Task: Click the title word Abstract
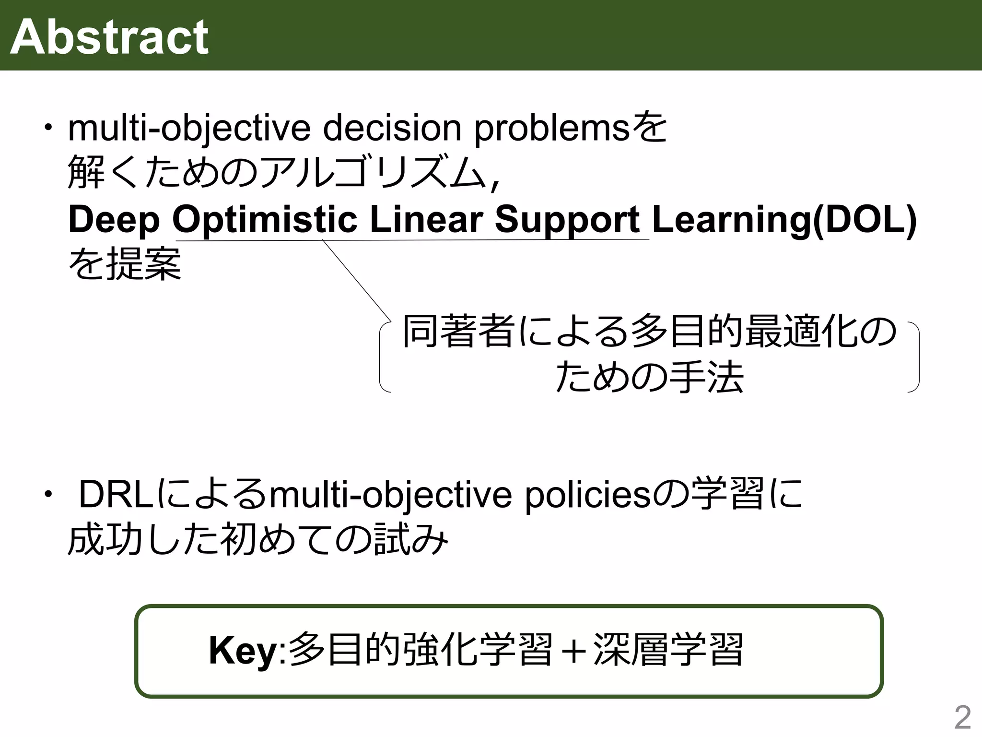tap(109, 37)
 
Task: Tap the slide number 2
tap(962, 718)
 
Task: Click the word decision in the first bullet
tap(392, 128)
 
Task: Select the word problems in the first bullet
tap(551, 128)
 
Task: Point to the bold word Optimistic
tap(265, 220)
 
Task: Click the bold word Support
tap(567, 220)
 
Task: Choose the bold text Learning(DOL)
tap(784, 220)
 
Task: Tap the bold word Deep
tap(114, 220)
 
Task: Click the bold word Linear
tap(426, 220)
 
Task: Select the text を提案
tap(125, 263)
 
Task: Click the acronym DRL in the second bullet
tap(116, 495)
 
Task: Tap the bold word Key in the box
tap(243, 651)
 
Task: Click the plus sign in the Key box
tap(573, 651)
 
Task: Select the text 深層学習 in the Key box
tap(668, 650)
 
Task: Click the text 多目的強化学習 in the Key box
tap(421, 650)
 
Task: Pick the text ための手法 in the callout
tap(650, 377)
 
